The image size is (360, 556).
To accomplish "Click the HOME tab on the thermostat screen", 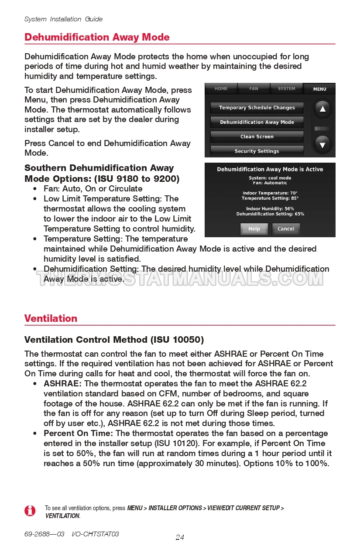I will (x=221, y=89).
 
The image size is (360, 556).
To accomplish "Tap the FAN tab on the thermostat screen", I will (x=254, y=89).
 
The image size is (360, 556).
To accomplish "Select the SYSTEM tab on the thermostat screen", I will (x=286, y=89).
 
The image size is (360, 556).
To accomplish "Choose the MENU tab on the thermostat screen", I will (x=319, y=89).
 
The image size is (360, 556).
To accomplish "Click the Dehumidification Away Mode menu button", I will (x=257, y=122).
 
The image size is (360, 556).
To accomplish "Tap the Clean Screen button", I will (x=257, y=136).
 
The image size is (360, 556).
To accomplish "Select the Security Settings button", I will (x=257, y=151).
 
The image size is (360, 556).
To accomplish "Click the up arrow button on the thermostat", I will (x=322, y=109).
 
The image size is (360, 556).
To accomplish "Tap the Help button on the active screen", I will (x=254, y=229).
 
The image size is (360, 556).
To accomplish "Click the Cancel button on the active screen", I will (x=286, y=229).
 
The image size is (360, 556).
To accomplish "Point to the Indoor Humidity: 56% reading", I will (x=270, y=209).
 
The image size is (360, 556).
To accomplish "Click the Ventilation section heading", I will (x=51, y=318).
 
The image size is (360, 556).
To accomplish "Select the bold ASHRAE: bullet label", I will (x=62, y=384).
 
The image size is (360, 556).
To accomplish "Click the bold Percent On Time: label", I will (x=78, y=433).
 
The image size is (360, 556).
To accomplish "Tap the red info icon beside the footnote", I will (x=30, y=511).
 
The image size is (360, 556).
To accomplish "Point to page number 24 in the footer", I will (x=180, y=537).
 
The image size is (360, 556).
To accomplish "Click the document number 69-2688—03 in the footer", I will (x=45, y=534).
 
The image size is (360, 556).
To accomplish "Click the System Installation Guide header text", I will (x=63, y=19).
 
